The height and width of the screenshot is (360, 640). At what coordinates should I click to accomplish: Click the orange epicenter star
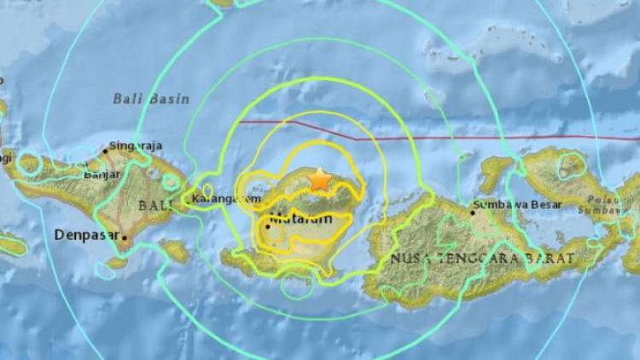[320, 180]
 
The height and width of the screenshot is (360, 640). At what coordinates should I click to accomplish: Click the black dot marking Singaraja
[105, 151]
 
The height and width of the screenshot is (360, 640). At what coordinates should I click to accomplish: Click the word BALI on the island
[153, 205]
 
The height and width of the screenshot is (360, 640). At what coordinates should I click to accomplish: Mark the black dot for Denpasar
[125, 238]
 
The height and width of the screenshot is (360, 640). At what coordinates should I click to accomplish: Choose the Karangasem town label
[226, 199]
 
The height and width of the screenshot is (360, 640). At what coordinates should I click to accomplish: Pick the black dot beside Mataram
[268, 226]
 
